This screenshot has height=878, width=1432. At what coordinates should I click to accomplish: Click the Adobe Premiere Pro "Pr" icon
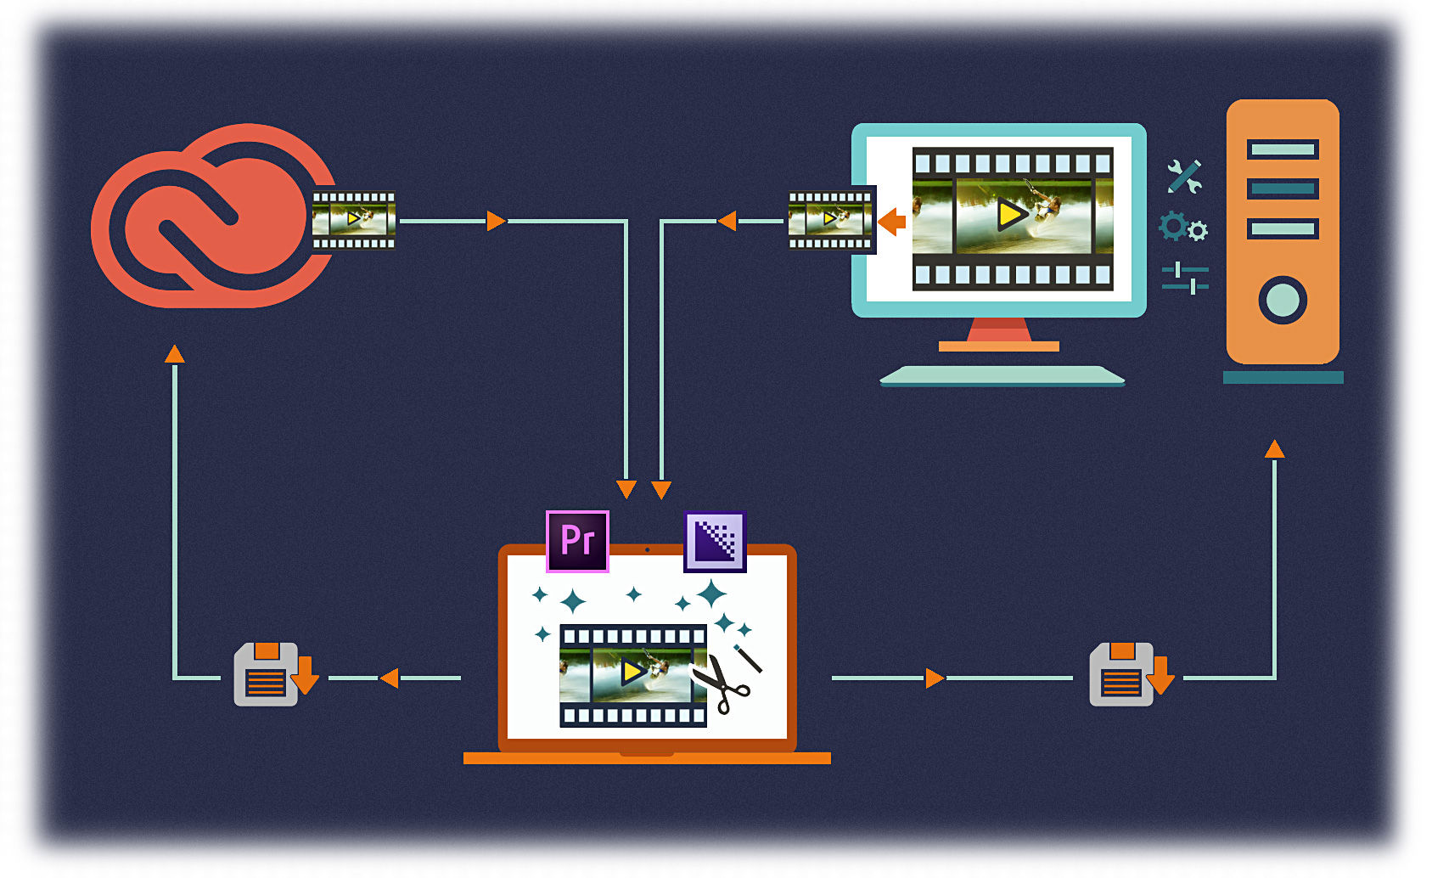(577, 541)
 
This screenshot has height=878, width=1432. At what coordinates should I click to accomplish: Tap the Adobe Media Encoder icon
(715, 541)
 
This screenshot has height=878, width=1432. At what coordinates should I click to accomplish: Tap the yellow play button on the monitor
(1010, 215)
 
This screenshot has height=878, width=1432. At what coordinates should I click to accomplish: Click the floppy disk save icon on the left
(267, 675)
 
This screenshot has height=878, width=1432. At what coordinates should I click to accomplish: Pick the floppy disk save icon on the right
(1122, 675)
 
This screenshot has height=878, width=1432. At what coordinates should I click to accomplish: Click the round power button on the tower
(1282, 300)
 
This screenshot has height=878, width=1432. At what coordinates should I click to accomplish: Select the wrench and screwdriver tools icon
(1183, 177)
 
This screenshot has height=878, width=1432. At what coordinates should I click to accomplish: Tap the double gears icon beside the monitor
(1183, 228)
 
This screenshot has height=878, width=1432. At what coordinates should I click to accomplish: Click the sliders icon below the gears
(1185, 278)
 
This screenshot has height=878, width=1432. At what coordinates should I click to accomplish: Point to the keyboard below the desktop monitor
(1002, 375)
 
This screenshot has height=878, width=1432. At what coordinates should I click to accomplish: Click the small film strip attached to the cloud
(353, 220)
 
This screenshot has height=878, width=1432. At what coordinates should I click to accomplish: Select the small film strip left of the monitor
(830, 220)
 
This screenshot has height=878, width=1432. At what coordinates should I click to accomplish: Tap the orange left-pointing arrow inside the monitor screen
(891, 222)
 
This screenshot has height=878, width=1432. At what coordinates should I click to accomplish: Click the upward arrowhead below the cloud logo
(174, 354)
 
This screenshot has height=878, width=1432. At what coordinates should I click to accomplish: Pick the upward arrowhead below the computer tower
(1274, 449)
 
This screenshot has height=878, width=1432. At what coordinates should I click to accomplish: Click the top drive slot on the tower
(1282, 149)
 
